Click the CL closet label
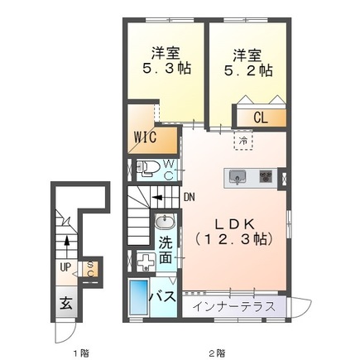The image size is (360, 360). click(x=260, y=118)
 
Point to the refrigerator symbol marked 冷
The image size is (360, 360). click(x=243, y=141)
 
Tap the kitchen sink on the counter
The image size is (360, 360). click(x=238, y=175)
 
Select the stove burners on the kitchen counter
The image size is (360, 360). click(x=266, y=175)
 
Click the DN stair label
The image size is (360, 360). click(x=189, y=198)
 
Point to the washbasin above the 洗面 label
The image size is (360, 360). click(x=165, y=223)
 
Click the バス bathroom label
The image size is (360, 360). click(x=161, y=295)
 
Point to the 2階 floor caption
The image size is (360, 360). click(x=217, y=353)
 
